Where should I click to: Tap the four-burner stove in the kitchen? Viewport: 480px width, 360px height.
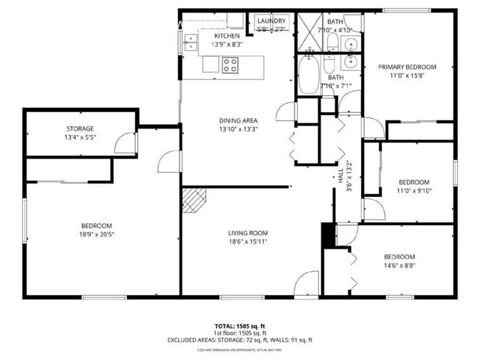[230, 66]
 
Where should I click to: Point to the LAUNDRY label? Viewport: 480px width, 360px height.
[271, 21]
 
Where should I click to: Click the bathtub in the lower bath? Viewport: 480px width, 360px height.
[308, 75]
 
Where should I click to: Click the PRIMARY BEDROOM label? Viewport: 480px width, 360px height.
[407, 67]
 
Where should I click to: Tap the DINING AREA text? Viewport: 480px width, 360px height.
[237, 120]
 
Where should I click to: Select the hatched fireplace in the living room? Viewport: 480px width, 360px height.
[193, 199]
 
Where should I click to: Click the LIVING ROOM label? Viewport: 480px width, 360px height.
[247, 233]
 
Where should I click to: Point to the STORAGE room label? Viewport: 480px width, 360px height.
[80, 129]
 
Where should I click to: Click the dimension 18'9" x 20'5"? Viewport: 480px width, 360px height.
[96, 235]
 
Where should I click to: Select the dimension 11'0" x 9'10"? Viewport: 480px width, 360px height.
[414, 191]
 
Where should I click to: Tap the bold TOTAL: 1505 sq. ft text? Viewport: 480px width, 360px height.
[239, 325]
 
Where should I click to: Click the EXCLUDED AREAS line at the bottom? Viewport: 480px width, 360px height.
[239, 340]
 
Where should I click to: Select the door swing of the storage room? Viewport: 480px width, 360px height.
[126, 143]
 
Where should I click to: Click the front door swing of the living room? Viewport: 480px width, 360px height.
[306, 284]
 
